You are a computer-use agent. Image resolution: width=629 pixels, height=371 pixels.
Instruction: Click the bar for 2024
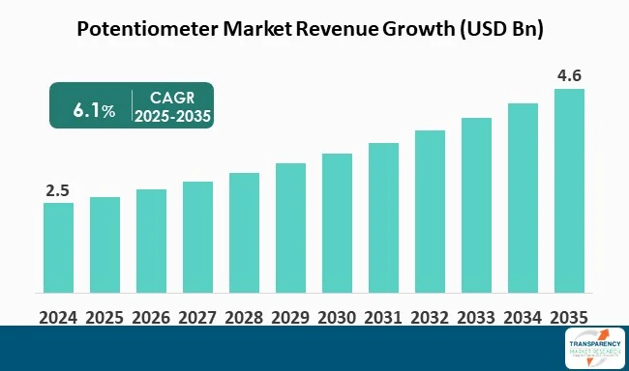click(58, 247)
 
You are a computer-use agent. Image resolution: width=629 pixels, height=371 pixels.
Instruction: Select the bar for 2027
click(197, 237)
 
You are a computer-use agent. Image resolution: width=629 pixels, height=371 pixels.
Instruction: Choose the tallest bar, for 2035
click(569, 190)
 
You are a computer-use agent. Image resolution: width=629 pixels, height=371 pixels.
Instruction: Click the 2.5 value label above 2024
click(58, 189)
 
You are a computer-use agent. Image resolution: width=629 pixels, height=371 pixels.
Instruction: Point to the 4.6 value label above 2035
click(569, 74)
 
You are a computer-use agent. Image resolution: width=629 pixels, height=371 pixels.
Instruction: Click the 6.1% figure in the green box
click(94, 110)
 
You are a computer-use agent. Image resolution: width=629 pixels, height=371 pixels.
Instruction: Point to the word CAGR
click(174, 98)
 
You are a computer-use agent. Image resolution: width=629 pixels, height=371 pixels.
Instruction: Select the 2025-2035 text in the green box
click(174, 117)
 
